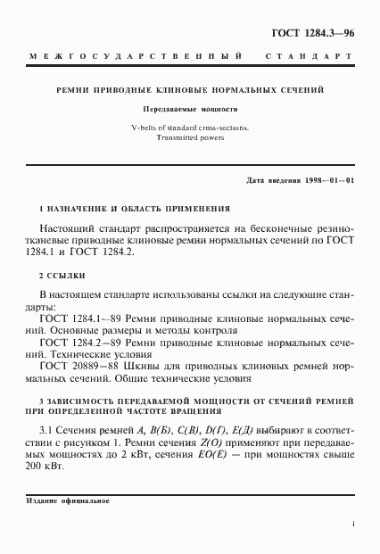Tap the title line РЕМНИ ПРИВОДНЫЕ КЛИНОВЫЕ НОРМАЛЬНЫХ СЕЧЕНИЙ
pyautogui.click(x=190, y=90)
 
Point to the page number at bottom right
pyautogui.click(x=353, y=525)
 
